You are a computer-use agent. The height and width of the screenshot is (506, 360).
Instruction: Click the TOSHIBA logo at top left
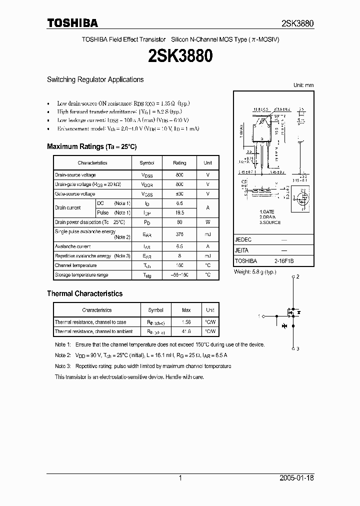[x=72, y=23]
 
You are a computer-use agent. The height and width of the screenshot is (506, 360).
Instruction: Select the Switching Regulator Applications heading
[x=95, y=79]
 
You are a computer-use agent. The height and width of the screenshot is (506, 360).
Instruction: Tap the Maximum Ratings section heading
[x=91, y=147]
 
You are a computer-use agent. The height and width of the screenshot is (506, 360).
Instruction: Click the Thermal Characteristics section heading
[x=84, y=294]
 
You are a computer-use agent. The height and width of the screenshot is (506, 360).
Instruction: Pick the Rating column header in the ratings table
[x=179, y=163]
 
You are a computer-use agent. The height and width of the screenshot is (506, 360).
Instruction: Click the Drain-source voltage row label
[x=75, y=175]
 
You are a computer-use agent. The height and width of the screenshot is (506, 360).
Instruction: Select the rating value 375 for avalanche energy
[x=179, y=234]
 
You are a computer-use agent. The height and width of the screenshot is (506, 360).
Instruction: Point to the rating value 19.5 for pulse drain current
[x=179, y=212]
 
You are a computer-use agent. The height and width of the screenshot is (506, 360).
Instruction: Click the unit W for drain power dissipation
[x=207, y=221]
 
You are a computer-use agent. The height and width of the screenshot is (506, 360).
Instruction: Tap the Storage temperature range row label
[x=81, y=275]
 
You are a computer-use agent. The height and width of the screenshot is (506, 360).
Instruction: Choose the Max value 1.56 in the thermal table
[x=186, y=322]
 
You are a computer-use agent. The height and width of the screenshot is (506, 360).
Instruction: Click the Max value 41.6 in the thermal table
[x=186, y=331]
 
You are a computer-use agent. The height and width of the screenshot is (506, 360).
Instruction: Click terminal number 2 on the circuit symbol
[x=298, y=276]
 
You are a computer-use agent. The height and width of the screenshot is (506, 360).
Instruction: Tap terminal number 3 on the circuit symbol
[x=298, y=348]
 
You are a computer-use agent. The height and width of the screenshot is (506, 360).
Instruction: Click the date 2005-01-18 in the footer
[x=297, y=478]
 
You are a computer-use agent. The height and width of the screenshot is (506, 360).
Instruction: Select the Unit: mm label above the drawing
[x=303, y=85]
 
